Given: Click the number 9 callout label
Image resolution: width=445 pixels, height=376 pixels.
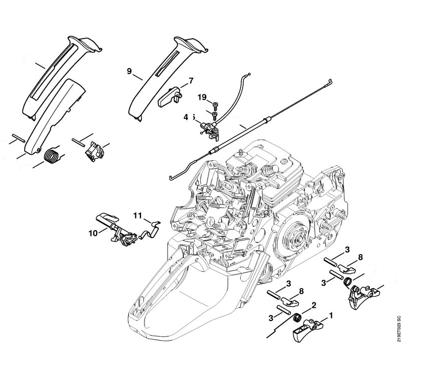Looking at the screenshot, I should [129, 72].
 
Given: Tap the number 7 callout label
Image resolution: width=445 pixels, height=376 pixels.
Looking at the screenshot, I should [191, 81].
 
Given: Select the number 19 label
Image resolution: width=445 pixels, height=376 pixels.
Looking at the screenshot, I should [202, 97].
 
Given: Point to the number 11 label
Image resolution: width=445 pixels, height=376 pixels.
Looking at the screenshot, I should [138, 216].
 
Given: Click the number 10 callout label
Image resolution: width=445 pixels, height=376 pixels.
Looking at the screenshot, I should [93, 233].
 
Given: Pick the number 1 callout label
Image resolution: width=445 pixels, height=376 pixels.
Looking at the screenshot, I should [331, 316].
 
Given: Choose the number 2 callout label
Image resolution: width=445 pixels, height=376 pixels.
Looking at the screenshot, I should [314, 305].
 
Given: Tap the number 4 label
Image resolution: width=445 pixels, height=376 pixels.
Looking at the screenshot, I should [186, 117].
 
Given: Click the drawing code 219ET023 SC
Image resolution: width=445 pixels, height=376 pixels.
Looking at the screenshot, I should [399, 329].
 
